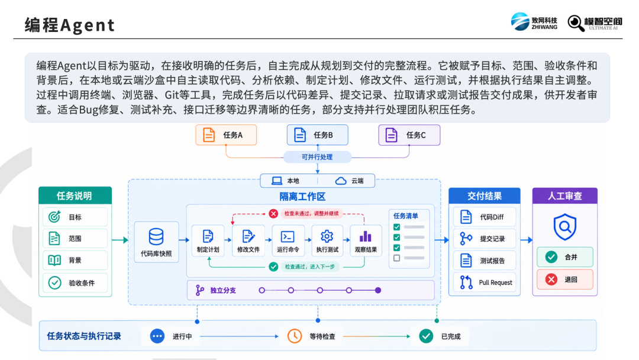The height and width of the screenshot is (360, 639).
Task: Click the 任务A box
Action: click(x=226, y=135)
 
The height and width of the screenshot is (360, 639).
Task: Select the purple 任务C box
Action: click(x=409, y=135)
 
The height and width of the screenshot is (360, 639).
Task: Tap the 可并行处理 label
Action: click(x=317, y=157)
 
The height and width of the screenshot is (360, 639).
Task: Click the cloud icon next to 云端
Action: click(x=341, y=181)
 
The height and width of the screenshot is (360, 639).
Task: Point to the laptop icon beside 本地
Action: click(x=277, y=181)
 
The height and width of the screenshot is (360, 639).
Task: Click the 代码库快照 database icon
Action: click(x=156, y=236)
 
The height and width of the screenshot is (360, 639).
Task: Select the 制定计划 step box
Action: click(x=208, y=241)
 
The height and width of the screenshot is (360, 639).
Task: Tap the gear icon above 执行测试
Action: click(x=327, y=236)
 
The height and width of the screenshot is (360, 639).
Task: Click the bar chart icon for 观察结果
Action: click(x=366, y=236)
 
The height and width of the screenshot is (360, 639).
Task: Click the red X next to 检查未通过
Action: click(x=273, y=214)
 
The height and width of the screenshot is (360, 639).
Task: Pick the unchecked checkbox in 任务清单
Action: click(x=396, y=258)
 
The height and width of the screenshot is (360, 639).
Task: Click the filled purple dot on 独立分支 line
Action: click(x=378, y=290)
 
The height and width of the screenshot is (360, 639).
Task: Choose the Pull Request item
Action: click(x=485, y=282)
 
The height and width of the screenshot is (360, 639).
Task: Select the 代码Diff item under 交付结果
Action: click(x=485, y=217)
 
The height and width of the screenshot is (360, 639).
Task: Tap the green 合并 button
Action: click(x=565, y=257)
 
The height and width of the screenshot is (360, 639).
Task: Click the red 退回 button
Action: click(x=565, y=279)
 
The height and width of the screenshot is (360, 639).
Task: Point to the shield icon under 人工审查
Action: click(x=565, y=227)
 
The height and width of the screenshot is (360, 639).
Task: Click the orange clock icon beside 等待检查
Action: click(x=295, y=336)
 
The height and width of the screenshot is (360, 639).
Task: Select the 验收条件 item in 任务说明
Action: click(x=75, y=283)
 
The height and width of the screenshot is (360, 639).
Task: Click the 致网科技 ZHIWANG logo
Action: click(x=534, y=21)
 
